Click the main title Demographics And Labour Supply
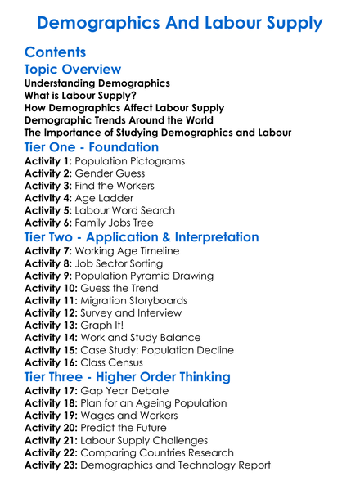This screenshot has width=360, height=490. pyautogui.click(x=180, y=22)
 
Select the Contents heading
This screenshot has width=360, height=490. pyautogui.click(x=55, y=52)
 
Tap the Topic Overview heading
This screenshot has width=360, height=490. pyautogui.click(x=73, y=70)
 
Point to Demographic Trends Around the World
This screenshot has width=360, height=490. pyautogui.click(x=119, y=119)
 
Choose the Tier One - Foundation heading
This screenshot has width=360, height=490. pyautogui.click(x=92, y=147)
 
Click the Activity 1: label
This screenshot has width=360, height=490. pyautogui.click(x=48, y=161)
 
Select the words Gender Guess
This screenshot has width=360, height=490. pyautogui.click(x=110, y=173)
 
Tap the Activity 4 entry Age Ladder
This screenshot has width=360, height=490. pyautogui.click(x=103, y=198)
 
